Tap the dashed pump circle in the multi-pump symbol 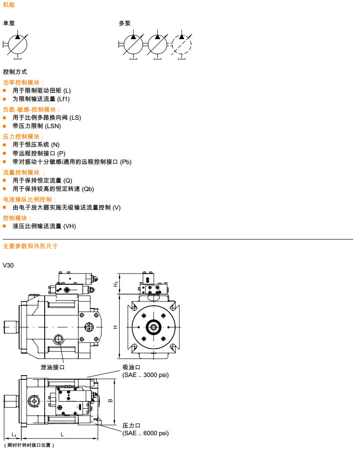[181, 45]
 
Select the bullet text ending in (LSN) [37, 126]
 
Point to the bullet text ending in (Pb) [72, 162]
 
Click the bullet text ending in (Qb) [53, 189]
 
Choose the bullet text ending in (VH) [44, 226]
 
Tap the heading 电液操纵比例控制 [30, 199]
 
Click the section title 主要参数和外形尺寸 [30, 246]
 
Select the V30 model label [9, 265]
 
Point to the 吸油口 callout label [131, 367]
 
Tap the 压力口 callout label [131, 425]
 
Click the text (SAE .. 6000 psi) [145, 433]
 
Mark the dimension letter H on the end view [115, 327]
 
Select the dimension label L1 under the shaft [14, 435]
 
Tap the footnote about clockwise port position [29, 445]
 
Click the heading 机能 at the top [9, 5]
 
